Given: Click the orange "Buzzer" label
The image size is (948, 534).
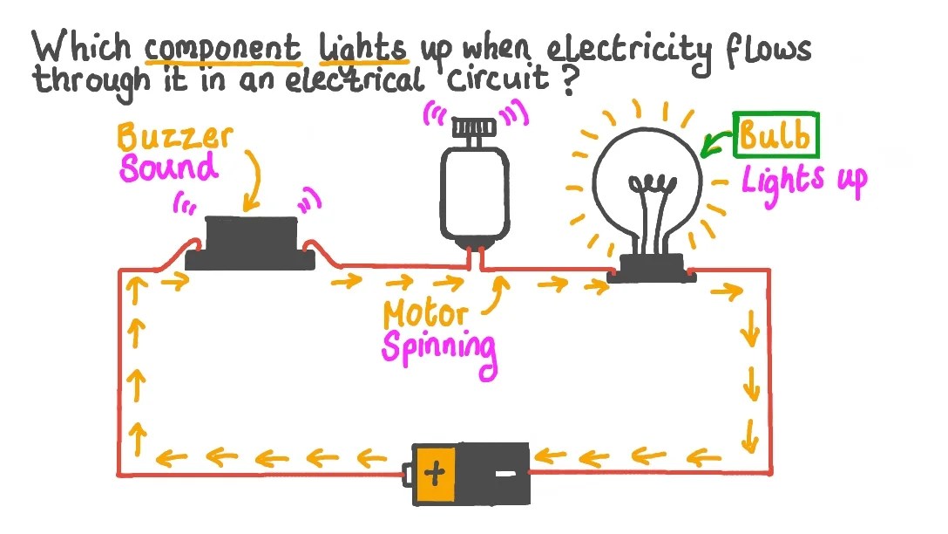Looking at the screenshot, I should [x=174, y=138].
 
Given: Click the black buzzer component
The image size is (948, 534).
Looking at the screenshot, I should [x=251, y=242].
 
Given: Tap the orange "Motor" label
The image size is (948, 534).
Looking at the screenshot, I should [x=424, y=313].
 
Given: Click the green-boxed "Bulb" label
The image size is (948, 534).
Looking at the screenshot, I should [x=775, y=136].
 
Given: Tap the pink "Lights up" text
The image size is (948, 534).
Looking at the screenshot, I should [x=803, y=181].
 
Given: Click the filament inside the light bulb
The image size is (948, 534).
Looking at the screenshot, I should [x=653, y=185].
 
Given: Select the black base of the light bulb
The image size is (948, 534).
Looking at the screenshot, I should [x=651, y=268].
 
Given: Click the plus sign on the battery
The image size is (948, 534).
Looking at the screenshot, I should [x=436, y=475].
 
